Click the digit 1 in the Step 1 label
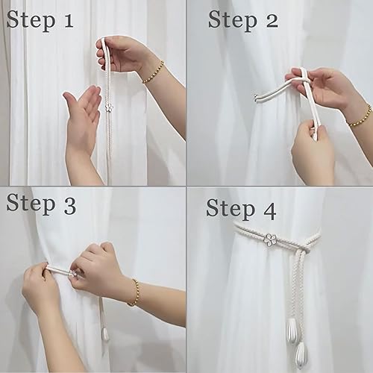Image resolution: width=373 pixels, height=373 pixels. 69,20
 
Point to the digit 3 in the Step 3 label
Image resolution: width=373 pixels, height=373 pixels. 69,206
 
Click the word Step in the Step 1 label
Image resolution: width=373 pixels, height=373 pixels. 31,21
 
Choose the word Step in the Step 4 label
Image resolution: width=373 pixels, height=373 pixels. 231,210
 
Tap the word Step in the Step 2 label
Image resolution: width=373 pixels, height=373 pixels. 233,21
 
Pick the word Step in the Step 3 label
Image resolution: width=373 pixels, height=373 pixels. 31,204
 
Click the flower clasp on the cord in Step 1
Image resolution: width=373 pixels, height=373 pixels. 109,108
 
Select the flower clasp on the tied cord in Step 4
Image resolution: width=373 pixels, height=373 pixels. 271,239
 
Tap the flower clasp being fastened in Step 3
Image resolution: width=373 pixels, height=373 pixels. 72,274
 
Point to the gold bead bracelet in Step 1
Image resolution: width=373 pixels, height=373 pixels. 154,72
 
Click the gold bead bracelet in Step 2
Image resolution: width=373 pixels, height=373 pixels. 360,116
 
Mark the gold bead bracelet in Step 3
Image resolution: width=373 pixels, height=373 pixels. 134,292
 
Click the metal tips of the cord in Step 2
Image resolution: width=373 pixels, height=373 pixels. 256,98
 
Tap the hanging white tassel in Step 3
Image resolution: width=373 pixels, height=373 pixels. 106,334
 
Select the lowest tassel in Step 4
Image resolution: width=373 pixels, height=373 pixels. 302,353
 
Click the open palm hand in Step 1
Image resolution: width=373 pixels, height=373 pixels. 82,119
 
